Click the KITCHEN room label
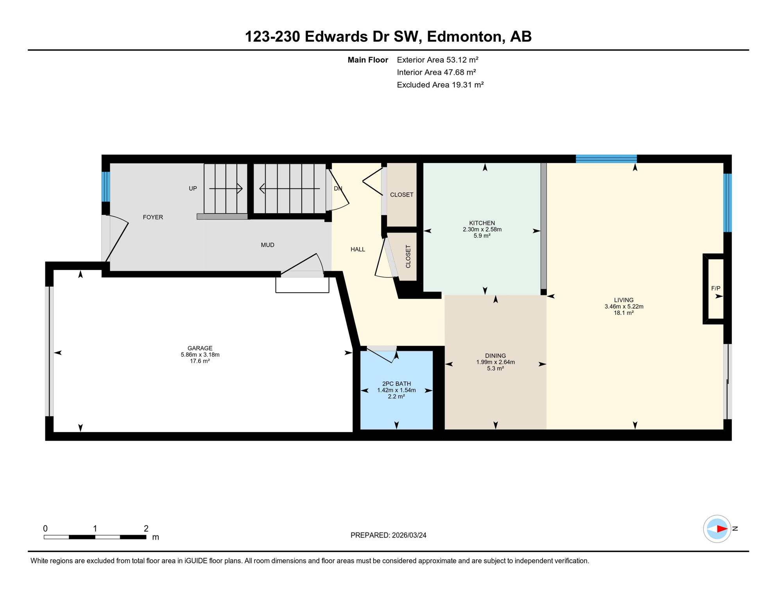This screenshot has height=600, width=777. [x=482, y=223]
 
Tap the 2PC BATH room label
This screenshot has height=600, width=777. [x=396, y=384]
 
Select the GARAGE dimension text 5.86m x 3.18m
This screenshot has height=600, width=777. [x=200, y=355]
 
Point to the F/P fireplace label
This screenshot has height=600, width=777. [x=715, y=288]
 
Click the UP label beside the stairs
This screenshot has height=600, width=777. [x=193, y=188]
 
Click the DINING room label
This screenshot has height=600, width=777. [x=495, y=355]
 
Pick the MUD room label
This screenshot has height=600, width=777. [x=267, y=245]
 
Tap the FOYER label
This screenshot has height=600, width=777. [x=153, y=217]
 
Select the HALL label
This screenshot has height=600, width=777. [x=358, y=249]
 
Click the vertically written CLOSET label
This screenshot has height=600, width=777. [x=408, y=256]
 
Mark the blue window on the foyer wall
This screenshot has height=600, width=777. [x=106, y=186]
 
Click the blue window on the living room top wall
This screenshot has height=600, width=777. [x=606, y=159]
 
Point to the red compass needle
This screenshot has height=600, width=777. [x=721, y=529]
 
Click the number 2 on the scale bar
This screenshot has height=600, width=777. [x=146, y=528]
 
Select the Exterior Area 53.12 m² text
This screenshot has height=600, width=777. [x=437, y=60]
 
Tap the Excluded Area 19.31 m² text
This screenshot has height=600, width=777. [x=440, y=85]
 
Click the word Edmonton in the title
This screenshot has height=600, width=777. [x=464, y=37]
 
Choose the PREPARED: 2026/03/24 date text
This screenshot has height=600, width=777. [x=388, y=535]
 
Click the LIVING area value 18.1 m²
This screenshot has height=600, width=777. [x=623, y=313]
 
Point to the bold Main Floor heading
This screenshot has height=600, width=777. [x=367, y=60]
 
